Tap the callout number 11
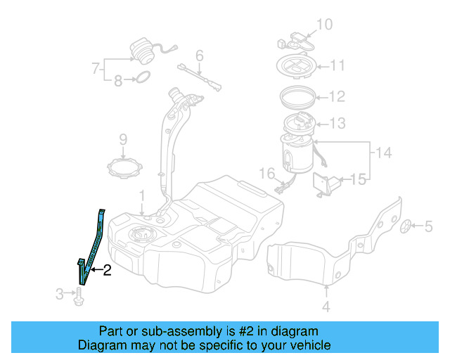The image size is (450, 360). click(337, 66)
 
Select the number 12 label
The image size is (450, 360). click(337, 96)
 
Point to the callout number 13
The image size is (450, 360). click(337, 124)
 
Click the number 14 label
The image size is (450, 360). click(383, 152)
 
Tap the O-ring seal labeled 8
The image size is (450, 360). click(141, 78)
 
